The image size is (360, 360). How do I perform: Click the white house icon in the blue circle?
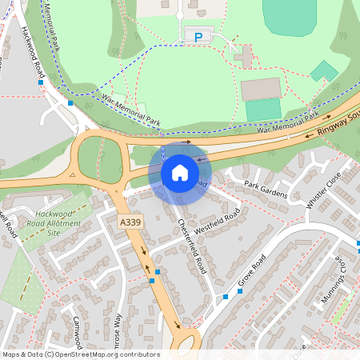point(180,172)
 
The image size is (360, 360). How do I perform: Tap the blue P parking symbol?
point(198,37)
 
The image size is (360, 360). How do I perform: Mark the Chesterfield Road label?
point(195,246)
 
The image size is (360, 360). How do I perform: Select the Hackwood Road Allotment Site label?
point(56,223)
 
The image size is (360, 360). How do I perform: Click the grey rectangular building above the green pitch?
point(261,88)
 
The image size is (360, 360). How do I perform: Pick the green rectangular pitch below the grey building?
point(262,110)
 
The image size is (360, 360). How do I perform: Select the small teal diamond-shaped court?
point(324,71)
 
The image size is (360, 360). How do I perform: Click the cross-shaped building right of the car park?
point(244,56)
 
